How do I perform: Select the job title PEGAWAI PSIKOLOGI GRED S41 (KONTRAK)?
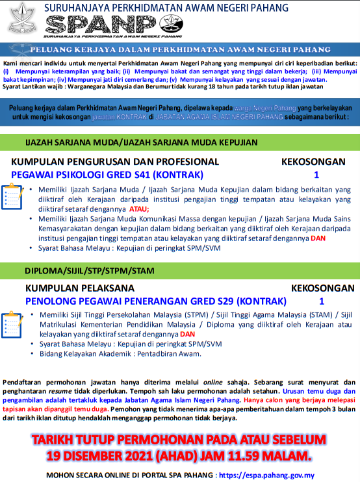107,174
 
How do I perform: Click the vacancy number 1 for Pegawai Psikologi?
316,174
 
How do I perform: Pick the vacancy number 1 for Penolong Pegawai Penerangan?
321,301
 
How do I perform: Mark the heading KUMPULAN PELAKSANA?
79,288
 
